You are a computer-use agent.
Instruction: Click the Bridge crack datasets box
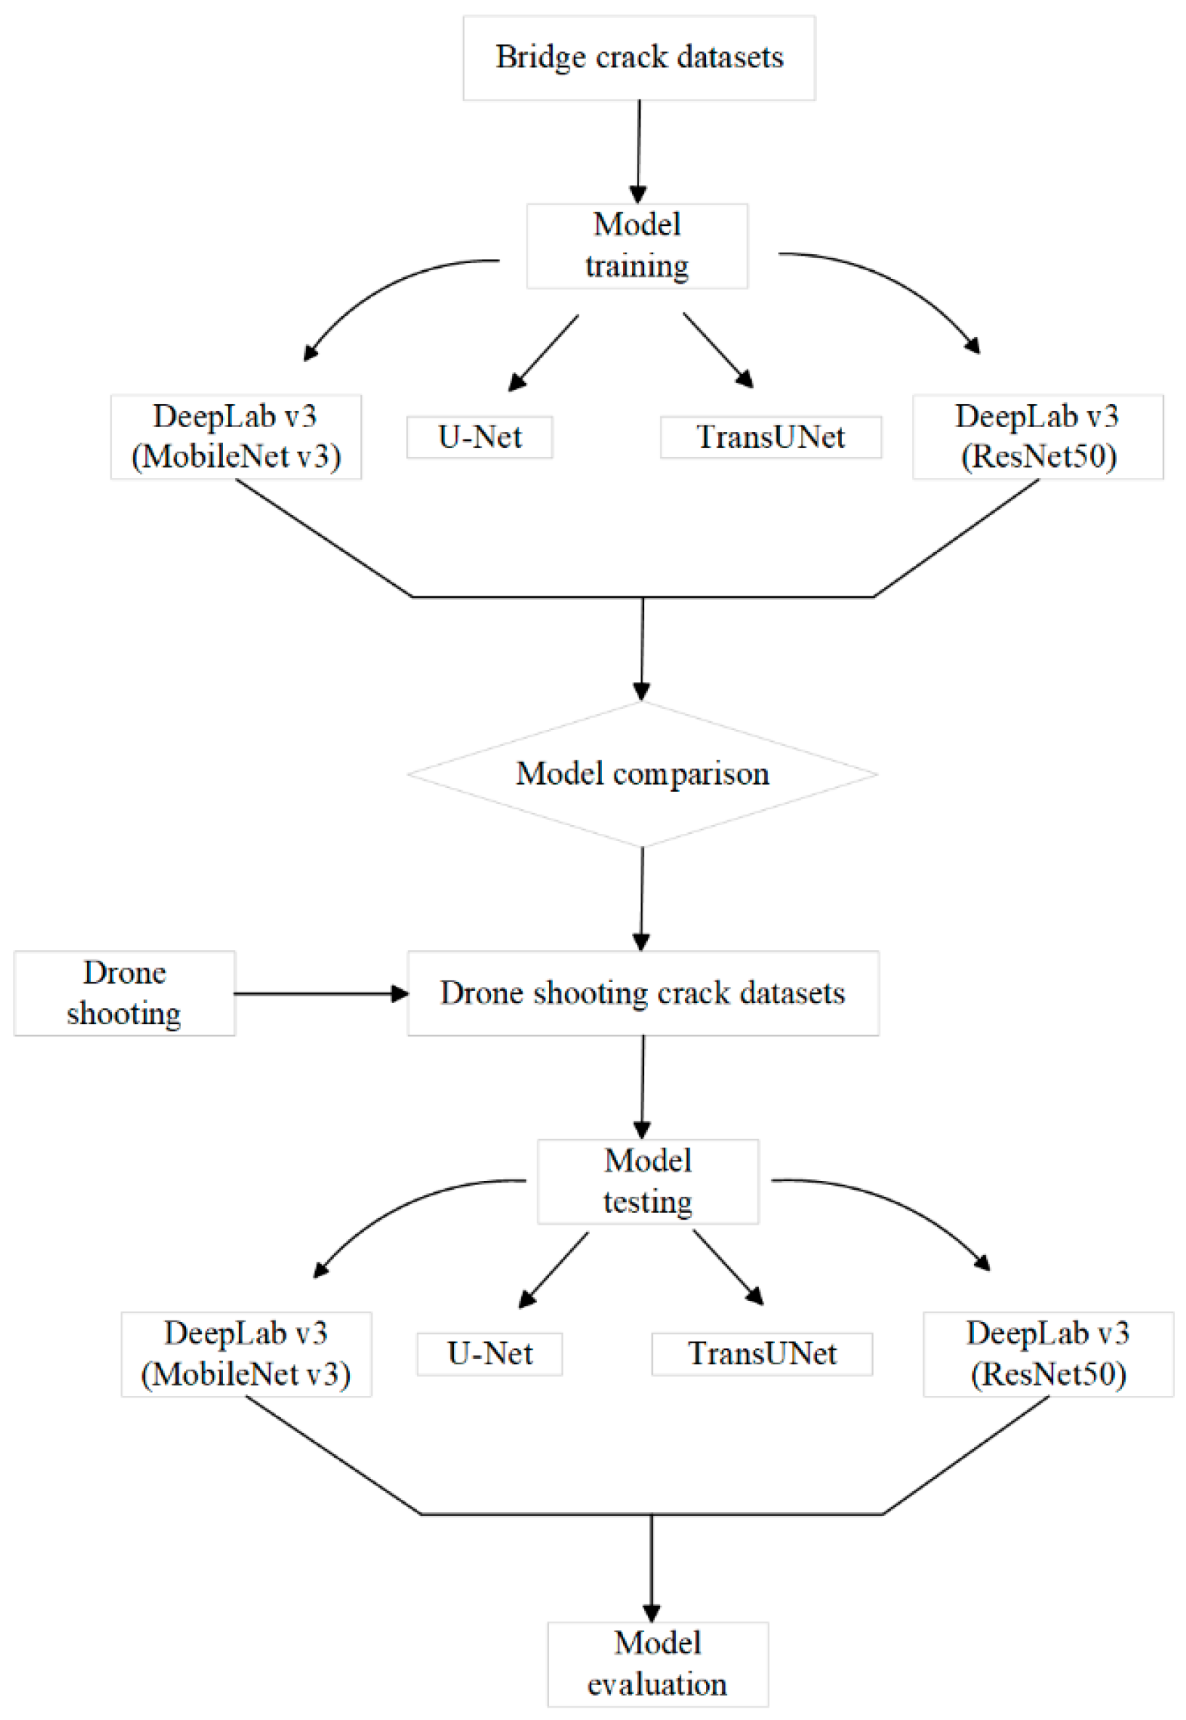(x=639, y=58)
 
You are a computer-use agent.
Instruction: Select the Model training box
(x=637, y=246)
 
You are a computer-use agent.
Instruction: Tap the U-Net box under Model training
(x=479, y=437)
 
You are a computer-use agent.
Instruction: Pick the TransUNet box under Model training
(x=771, y=437)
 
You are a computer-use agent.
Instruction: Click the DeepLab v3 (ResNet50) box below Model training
(x=1037, y=437)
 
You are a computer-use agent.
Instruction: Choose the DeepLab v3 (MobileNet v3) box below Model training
(x=235, y=437)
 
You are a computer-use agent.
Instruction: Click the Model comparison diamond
(x=642, y=774)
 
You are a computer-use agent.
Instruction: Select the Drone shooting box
(x=124, y=994)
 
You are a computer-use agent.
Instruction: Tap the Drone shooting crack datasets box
(x=643, y=994)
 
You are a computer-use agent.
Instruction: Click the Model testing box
(x=647, y=1181)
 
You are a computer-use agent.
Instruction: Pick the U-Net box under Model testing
(x=489, y=1354)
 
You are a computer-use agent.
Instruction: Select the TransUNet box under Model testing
(x=762, y=1354)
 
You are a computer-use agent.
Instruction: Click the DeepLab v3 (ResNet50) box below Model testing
(x=1048, y=1354)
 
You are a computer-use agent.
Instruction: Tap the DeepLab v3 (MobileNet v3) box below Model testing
(x=246, y=1354)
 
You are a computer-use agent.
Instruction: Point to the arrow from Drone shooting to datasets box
(x=320, y=994)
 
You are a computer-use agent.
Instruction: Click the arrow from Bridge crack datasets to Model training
(x=638, y=149)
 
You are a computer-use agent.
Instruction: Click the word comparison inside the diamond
(x=691, y=774)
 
